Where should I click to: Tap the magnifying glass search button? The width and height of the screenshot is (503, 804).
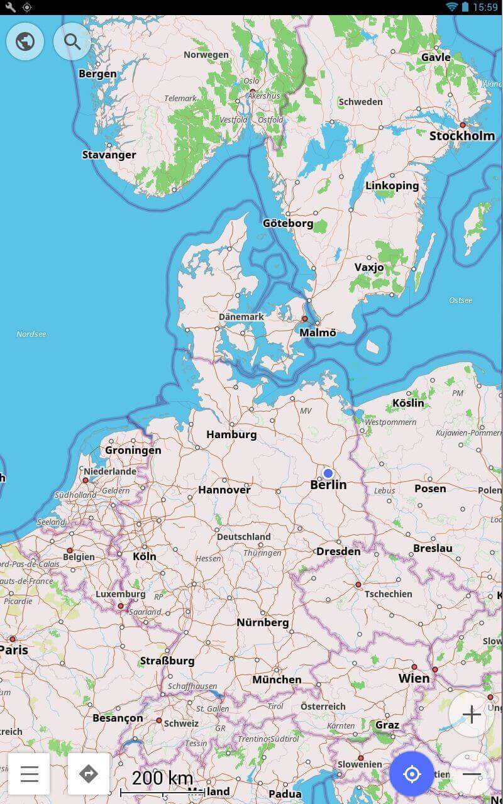(x=72, y=42)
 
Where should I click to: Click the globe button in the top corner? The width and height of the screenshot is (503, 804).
(x=25, y=42)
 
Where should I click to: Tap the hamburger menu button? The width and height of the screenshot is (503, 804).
(x=29, y=773)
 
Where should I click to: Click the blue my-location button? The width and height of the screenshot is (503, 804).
(x=412, y=774)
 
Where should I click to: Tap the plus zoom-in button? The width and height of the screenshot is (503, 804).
(x=471, y=714)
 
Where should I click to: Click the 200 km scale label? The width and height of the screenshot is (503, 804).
(x=162, y=778)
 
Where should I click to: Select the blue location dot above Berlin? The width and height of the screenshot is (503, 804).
(x=328, y=473)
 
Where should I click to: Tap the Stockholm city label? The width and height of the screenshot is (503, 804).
(x=462, y=136)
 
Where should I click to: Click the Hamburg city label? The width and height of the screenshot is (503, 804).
(x=231, y=434)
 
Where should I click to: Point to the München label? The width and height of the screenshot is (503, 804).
(x=277, y=680)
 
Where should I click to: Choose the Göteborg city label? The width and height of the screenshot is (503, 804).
(x=288, y=223)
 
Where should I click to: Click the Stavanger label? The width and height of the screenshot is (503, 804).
(x=109, y=155)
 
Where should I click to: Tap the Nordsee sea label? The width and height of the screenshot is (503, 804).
(x=31, y=334)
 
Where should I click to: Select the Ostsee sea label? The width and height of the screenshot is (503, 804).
(x=460, y=300)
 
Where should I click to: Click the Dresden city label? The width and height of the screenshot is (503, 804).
(x=338, y=551)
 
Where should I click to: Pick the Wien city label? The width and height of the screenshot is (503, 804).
(x=414, y=678)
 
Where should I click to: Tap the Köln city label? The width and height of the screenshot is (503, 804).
(x=145, y=556)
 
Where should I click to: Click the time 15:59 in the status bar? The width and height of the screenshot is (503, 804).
(x=485, y=7)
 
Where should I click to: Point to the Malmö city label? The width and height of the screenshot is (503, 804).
(x=318, y=333)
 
